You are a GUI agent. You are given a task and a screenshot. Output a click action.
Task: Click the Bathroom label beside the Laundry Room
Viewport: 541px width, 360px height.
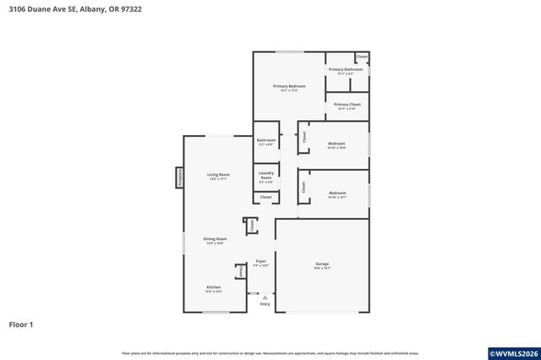tap(265, 142)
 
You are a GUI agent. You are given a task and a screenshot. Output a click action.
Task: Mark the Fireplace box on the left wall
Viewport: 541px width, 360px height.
tap(179, 177)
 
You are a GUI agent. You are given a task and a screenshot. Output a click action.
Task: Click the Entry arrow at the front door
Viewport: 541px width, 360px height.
tap(265, 297)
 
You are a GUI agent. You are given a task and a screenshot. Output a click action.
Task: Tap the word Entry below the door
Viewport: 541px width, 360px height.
tap(265, 305)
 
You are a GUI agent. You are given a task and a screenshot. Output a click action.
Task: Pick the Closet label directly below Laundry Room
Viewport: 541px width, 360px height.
tap(265, 197)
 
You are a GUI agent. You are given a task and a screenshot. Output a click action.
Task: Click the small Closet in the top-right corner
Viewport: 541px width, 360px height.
tap(362, 57)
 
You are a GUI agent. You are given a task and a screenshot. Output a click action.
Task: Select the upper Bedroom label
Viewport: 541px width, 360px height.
tap(337, 145)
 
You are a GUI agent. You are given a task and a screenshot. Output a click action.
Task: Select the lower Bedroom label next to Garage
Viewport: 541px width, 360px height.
tap(337, 194)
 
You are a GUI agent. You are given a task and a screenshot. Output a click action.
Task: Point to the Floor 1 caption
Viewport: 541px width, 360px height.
tap(22, 324)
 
